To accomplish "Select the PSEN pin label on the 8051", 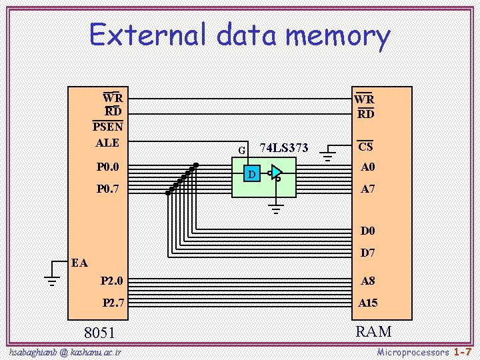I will (107, 127).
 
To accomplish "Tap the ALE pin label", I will (107, 143).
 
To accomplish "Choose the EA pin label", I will (79, 263).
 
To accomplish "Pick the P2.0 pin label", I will (111, 281).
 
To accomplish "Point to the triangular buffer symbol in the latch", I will (277, 173).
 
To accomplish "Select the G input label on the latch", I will (241, 150).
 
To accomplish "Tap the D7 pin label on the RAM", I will (368, 253).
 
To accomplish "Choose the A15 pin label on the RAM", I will (368, 303).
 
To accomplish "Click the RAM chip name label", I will (373, 331).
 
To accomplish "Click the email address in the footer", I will (65, 351).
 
